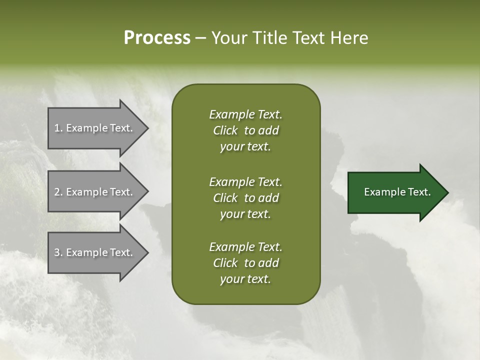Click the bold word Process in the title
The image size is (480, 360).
pyautogui.click(x=157, y=38)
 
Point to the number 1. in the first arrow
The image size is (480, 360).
pyautogui.click(x=58, y=128)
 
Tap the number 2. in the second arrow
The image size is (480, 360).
pyautogui.click(x=58, y=192)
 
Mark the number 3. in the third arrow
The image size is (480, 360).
pyautogui.click(x=58, y=252)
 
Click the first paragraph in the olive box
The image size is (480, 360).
pyautogui.click(x=245, y=130)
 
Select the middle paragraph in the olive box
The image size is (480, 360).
pyautogui.click(x=245, y=198)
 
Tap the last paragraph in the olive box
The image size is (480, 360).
pyautogui.click(x=245, y=263)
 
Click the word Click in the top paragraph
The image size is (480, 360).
pyautogui.click(x=225, y=130)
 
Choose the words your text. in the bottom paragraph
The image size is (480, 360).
pyautogui.click(x=245, y=279)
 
